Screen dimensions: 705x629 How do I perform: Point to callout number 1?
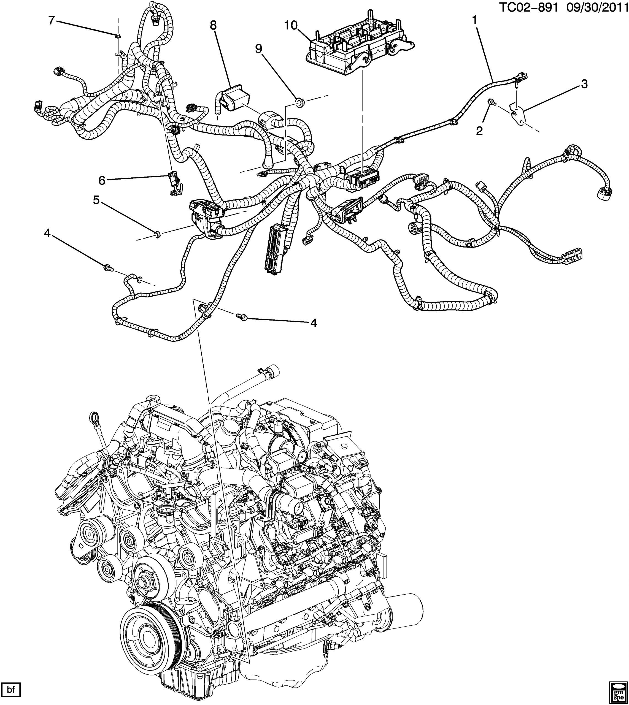pos(475,20)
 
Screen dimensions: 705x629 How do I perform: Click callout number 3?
pos(584,84)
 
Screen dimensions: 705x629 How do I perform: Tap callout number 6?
pos(102,180)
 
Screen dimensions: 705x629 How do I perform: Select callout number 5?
pos(96,200)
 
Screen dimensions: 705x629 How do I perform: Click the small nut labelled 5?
pos(158,235)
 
